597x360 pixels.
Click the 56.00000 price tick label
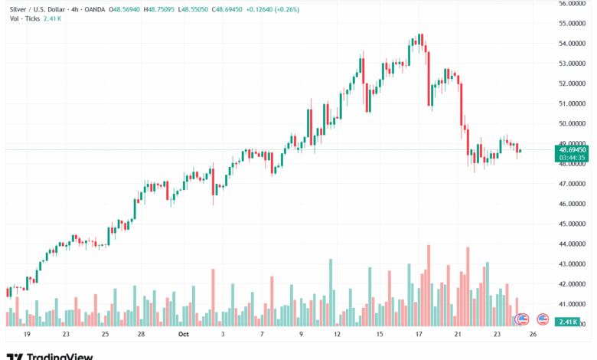click(572, 4)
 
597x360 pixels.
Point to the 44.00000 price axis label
click(572, 244)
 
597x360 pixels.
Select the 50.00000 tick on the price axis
click(572, 123)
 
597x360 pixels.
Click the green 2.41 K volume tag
click(567, 322)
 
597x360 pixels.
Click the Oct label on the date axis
click(183, 335)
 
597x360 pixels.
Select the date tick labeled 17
click(419, 335)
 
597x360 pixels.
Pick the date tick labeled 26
click(533, 335)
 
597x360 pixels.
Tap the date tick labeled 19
click(27, 335)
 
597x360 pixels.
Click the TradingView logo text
click(60, 356)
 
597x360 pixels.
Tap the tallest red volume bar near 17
click(429, 285)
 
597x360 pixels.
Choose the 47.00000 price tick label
click(572, 184)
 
